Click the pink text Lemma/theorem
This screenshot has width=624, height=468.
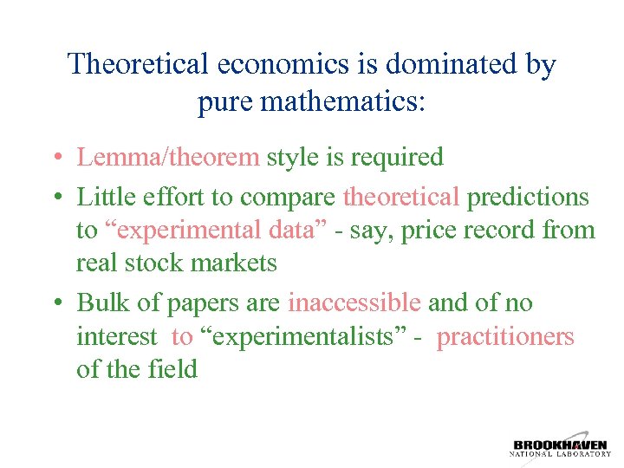click(168, 157)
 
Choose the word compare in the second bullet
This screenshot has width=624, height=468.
click(289, 197)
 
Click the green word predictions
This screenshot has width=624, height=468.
click(528, 197)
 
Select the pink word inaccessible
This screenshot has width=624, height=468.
click(354, 302)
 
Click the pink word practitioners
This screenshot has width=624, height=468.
click(505, 335)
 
